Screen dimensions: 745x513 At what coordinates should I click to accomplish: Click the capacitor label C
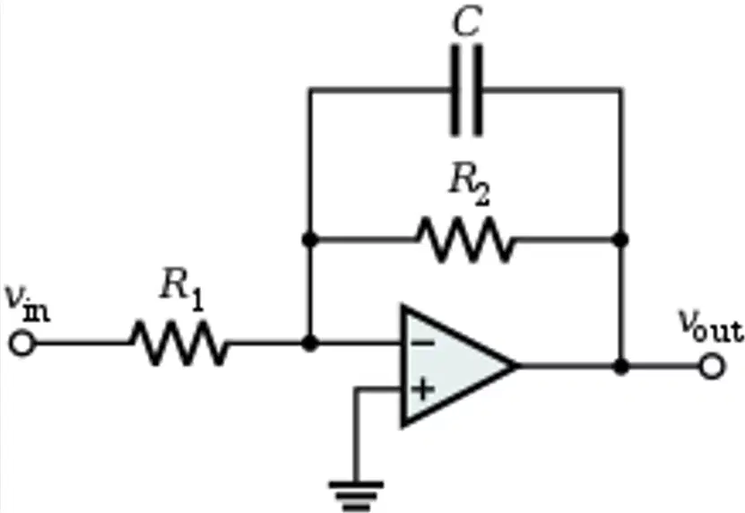click(466, 22)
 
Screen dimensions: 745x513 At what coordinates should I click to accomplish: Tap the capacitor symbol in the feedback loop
click(466, 90)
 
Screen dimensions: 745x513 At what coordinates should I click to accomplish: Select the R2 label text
click(469, 186)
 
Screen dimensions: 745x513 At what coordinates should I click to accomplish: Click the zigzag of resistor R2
click(466, 239)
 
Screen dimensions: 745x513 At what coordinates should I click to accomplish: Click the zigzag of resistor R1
click(178, 343)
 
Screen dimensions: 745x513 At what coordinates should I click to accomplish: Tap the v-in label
click(27, 303)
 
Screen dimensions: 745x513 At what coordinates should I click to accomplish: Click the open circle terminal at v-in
click(22, 343)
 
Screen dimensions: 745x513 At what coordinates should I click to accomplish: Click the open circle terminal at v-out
click(712, 366)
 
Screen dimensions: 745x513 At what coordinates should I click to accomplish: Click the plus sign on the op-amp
click(422, 390)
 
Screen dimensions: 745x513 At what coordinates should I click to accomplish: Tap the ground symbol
click(356, 496)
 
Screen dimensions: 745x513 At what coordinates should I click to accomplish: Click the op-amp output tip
click(517, 366)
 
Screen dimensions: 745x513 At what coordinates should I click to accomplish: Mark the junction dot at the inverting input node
click(310, 343)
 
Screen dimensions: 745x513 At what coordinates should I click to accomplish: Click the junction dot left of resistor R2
click(310, 239)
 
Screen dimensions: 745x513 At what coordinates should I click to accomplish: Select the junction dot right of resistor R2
click(620, 239)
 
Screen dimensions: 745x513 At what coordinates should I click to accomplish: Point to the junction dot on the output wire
click(620, 366)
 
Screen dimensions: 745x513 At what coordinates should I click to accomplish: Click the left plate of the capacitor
click(455, 91)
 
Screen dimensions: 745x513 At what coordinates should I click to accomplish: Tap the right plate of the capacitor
click(478, 91)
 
